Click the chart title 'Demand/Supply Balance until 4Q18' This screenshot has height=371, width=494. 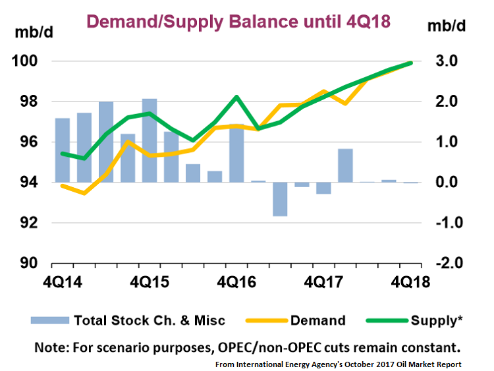[x=239, y=21]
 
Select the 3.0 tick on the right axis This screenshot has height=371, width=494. [x=443, y=61]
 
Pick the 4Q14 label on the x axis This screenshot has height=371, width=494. [x=63, y=281]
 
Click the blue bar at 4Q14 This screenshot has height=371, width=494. [x=63, y=150]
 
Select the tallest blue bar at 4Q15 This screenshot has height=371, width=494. [x=150, y=140]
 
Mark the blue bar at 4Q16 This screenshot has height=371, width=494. [x=237, y=153]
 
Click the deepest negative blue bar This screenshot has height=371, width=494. [x=280, y=199]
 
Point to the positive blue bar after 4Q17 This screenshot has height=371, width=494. [x=345, y=165]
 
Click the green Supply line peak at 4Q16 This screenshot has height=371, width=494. [x=236, y=97]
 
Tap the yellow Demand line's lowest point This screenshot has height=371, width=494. [x=84, y=193]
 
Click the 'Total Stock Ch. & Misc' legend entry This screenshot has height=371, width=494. [x=128, y=320]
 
